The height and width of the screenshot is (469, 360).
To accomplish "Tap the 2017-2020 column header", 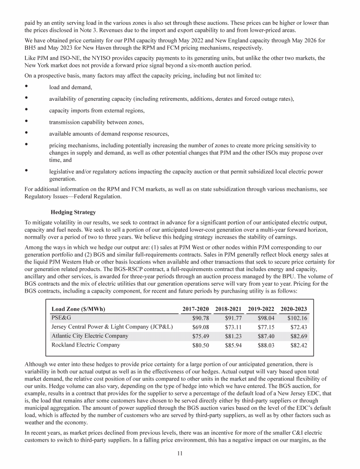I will coord(195,309).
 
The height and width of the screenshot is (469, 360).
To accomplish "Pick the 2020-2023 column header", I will coord(294,309).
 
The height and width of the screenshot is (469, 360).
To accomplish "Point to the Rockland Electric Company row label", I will coord(85,345).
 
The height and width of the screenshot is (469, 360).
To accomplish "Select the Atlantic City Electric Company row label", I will coord(90,336).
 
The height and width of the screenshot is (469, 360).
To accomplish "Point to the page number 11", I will coord(180,453).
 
